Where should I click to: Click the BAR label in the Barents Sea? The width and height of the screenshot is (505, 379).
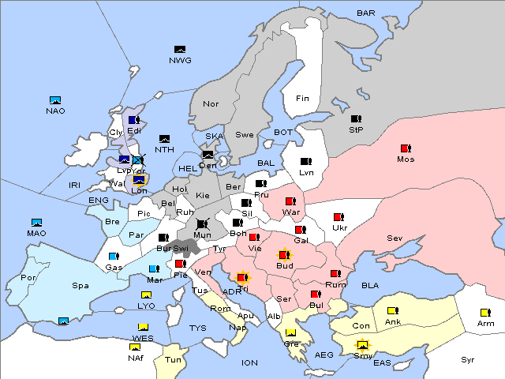[366, 13]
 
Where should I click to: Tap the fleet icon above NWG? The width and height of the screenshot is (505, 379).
[180, 50]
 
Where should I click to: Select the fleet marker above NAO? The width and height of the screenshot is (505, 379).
[55, 100]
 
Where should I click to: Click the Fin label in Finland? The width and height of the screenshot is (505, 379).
[302, 99]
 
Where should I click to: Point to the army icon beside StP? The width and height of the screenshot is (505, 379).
[356, 119]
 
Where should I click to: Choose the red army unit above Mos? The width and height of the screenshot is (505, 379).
[406, 148]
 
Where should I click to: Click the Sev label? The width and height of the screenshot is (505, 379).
[395, 238]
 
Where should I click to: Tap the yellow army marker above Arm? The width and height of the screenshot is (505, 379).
[485, 312]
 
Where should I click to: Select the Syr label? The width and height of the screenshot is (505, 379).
[468, 359]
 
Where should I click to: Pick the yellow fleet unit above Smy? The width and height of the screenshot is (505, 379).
[363, 344]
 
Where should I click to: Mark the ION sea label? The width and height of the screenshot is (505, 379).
[249, 362]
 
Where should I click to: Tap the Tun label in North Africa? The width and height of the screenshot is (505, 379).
[173, 359]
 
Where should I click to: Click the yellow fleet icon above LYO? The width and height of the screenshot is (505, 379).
[146, 295]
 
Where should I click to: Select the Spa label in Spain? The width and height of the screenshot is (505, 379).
[80, 285]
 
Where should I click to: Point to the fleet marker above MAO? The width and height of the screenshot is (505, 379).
[36, 223]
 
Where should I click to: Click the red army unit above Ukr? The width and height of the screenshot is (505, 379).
[339, 217]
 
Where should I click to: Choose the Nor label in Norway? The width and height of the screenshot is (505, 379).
[211, 104]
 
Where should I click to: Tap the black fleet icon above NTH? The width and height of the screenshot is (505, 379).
[165, 139]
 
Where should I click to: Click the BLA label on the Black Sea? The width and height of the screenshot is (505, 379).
[370, 285]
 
